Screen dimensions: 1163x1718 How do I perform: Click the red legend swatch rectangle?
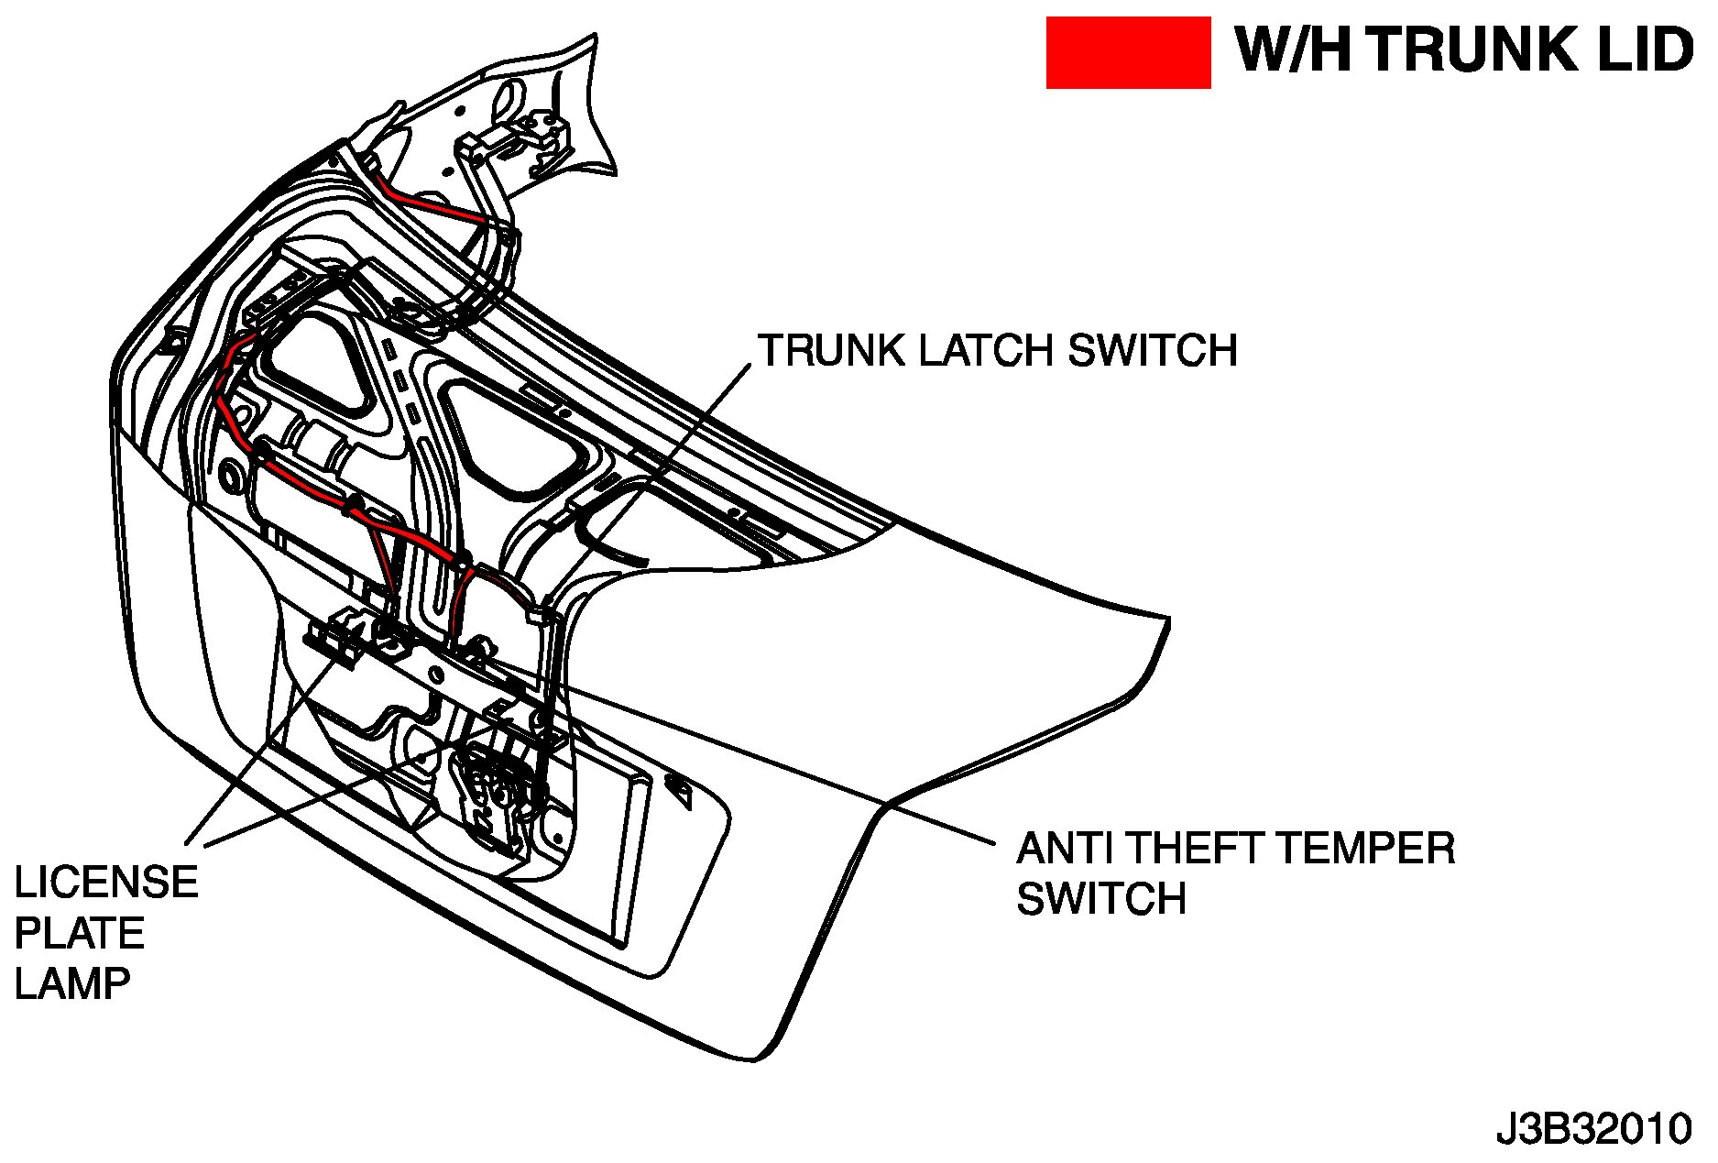(1128, 53)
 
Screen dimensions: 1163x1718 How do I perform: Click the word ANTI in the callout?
(1064, 849)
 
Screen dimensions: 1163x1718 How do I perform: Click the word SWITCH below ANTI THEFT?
(1101, 899)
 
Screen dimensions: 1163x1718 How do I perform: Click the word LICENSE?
(106, 883)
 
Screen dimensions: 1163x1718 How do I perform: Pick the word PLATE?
(80, 934)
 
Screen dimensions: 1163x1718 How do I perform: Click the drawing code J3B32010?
(1593, 1129)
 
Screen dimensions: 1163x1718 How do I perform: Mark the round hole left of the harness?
(231, 477)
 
